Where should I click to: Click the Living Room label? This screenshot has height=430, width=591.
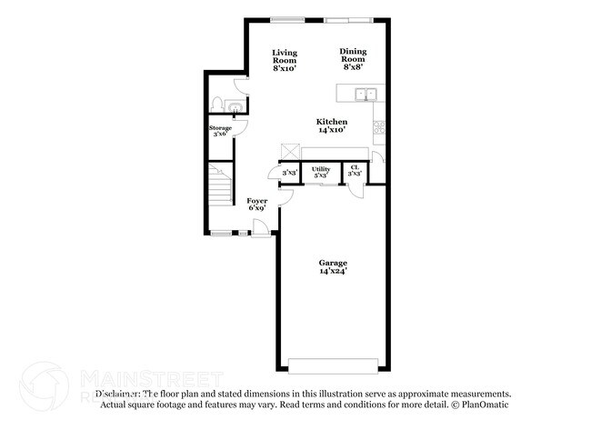[x=285, y=60]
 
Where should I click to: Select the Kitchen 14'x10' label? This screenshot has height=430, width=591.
[x=332, y=125]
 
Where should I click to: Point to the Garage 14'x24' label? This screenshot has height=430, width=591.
[x=333, y=266]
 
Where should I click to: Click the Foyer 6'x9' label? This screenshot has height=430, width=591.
[x=257, y=204]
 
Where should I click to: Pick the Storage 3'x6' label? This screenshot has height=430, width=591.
[x=221, y=131]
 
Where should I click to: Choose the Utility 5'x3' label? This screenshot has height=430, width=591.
[x=321, y=172]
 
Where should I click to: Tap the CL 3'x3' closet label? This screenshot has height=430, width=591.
[x=355, y=172]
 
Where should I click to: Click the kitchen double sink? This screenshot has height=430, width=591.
[x=366, y=93]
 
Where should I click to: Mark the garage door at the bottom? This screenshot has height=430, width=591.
[x=333, y=365]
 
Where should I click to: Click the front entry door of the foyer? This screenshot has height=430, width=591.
[x=262, y=233]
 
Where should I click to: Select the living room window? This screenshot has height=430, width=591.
[x=287, y=19]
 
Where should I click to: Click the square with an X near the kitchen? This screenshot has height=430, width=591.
[x=290, y=151]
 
